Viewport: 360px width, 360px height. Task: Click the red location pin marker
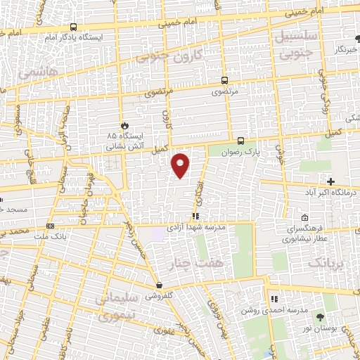181,165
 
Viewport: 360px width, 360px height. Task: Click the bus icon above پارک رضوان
240,140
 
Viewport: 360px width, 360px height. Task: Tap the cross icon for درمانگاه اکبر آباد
330,181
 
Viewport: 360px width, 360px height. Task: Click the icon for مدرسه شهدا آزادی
196,217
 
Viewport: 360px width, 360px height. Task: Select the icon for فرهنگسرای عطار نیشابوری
304,217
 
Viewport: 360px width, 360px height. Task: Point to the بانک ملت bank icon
50,226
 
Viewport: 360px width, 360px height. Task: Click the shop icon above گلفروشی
161,285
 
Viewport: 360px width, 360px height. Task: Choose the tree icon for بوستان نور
323,319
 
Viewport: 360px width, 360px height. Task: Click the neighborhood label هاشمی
34,72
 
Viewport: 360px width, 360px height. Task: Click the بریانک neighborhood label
329,263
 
